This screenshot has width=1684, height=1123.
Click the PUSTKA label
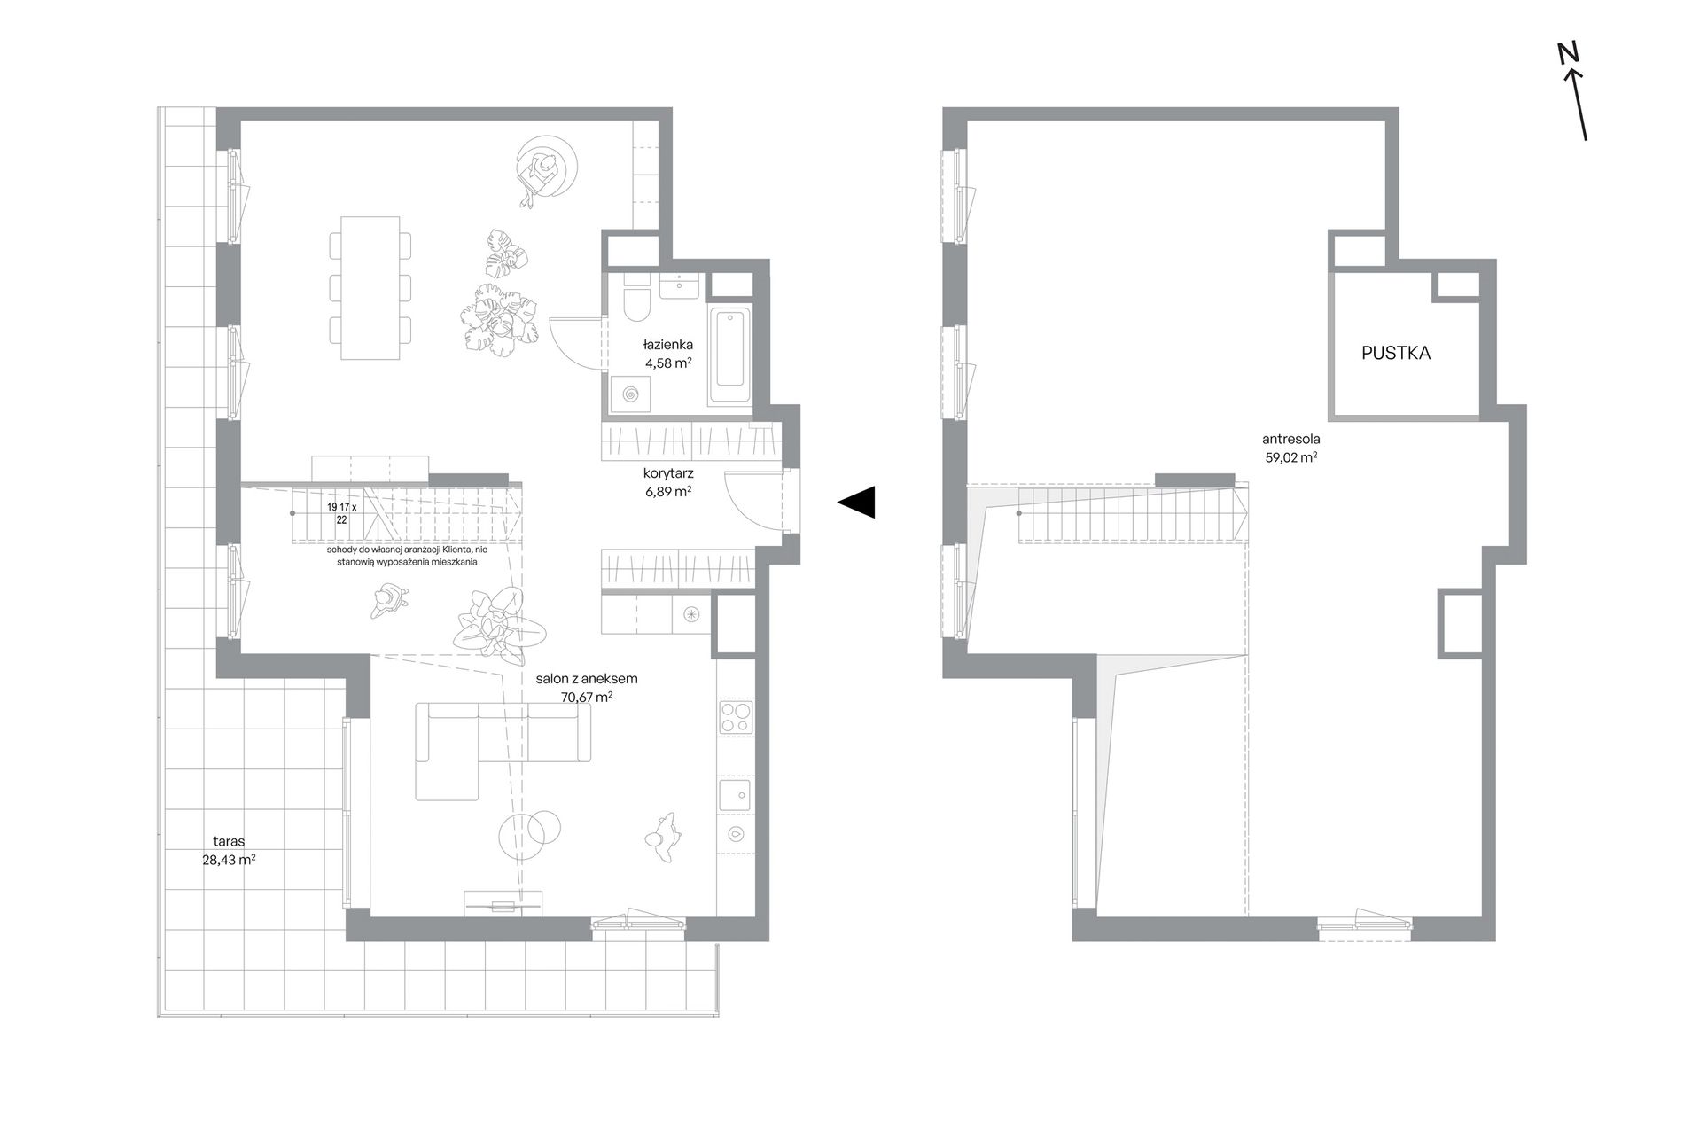(1396, 353)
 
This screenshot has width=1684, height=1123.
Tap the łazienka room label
(668, 345)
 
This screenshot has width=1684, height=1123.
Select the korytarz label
(668, 474)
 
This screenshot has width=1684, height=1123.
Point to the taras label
(229, 841)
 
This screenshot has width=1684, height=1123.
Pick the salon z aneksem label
(587, 679)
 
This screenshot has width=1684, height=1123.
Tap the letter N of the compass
(1569, 54)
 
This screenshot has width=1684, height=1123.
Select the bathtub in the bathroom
(729, 356)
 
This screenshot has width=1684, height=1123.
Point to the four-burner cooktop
(736, 717)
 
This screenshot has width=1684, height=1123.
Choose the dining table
(370, 287)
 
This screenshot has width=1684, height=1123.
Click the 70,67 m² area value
(588, 697)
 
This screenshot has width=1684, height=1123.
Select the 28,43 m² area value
(229, 859)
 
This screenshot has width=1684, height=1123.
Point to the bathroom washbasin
(681, 285)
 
